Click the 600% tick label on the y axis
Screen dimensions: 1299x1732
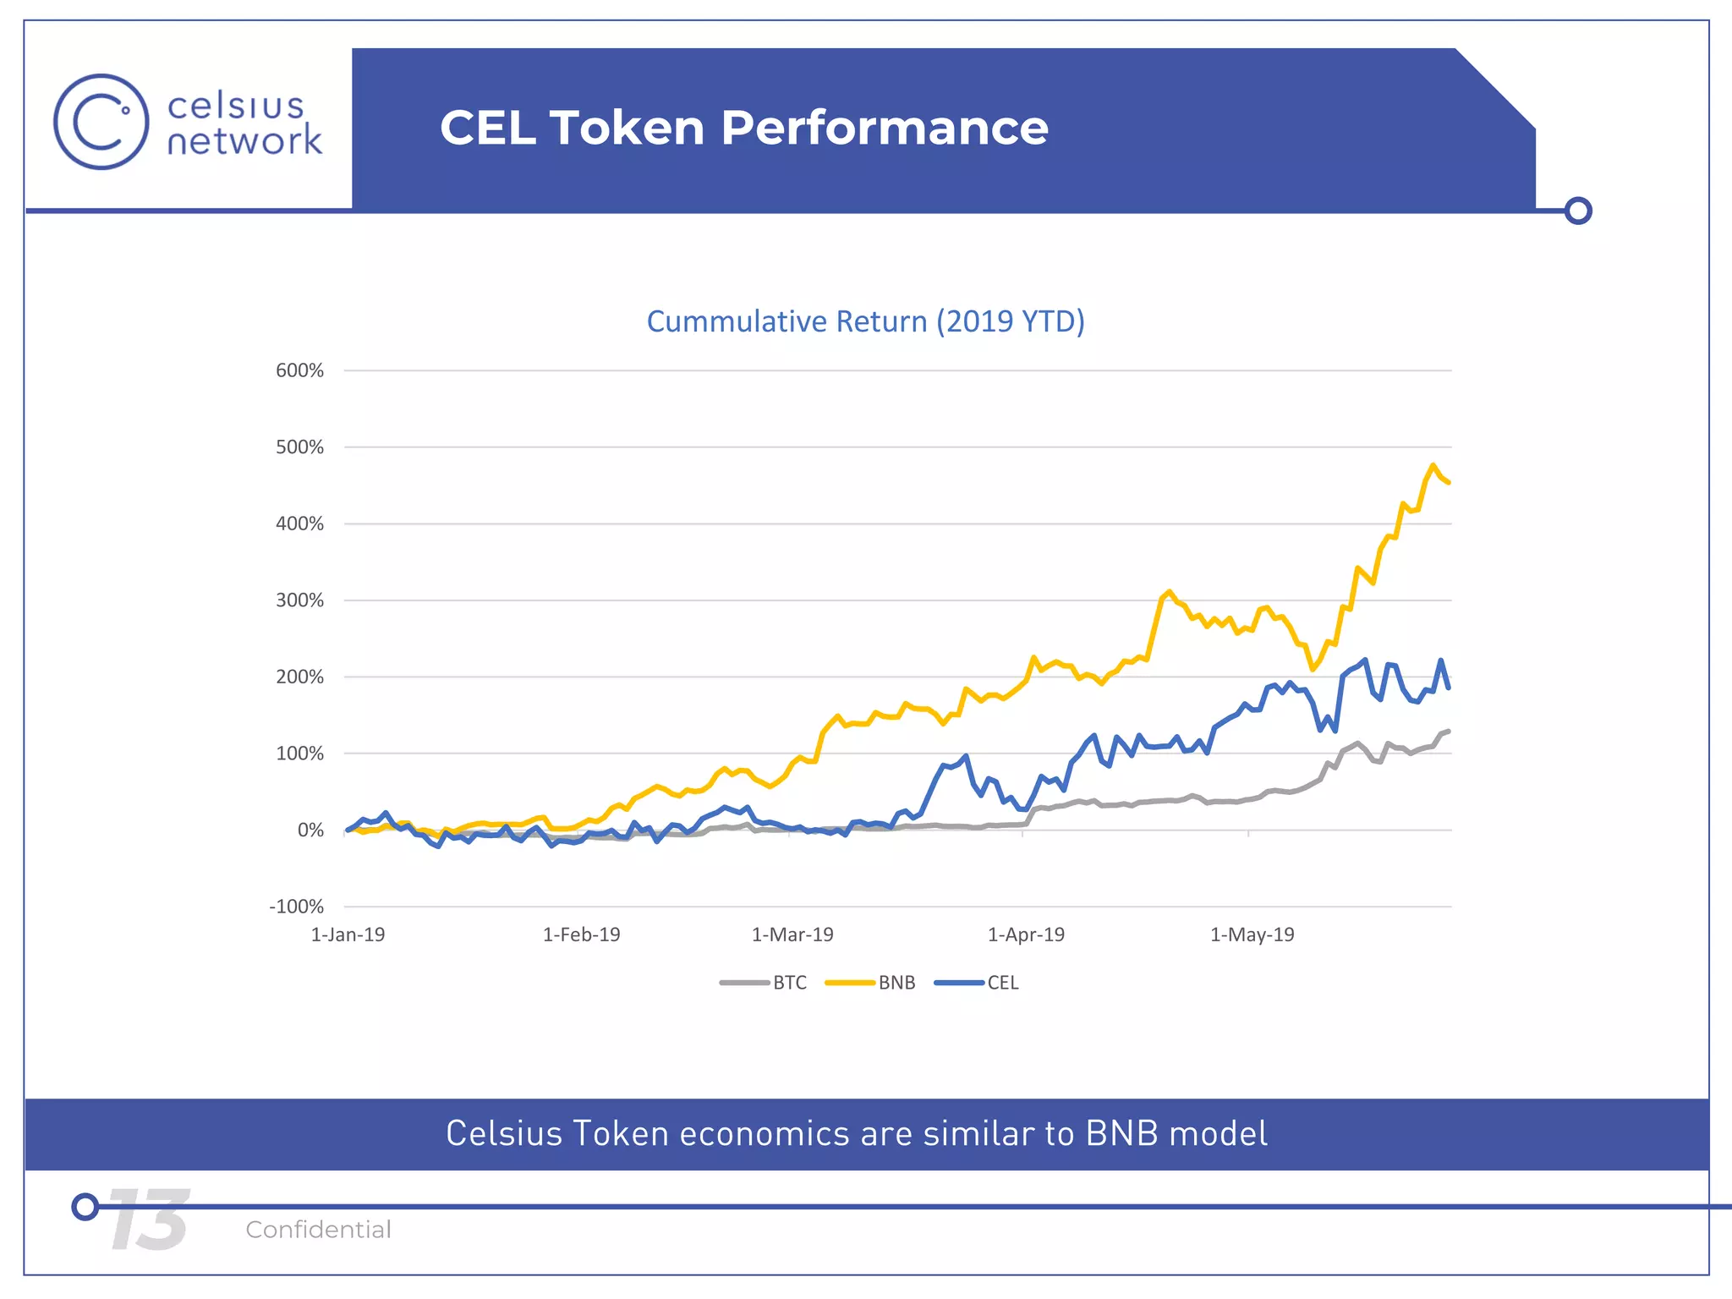299,370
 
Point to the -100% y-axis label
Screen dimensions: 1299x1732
296,907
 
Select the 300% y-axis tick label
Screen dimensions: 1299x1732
299,600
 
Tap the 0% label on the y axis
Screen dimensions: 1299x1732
310,830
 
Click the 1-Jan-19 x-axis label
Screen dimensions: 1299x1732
348,935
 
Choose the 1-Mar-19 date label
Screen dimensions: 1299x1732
792,935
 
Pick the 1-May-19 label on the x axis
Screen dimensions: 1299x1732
1252,935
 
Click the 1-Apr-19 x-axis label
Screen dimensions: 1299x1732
1026,935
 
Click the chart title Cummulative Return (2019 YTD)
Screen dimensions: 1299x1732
865,321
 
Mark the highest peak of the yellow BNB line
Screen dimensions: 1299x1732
1433,465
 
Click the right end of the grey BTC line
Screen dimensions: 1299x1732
1449,731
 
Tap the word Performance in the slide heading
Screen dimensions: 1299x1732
884,128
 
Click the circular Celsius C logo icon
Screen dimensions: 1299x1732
101,122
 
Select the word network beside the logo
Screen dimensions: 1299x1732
244,140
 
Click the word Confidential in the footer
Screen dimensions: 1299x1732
318,1229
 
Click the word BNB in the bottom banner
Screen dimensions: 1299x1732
1121,1133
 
